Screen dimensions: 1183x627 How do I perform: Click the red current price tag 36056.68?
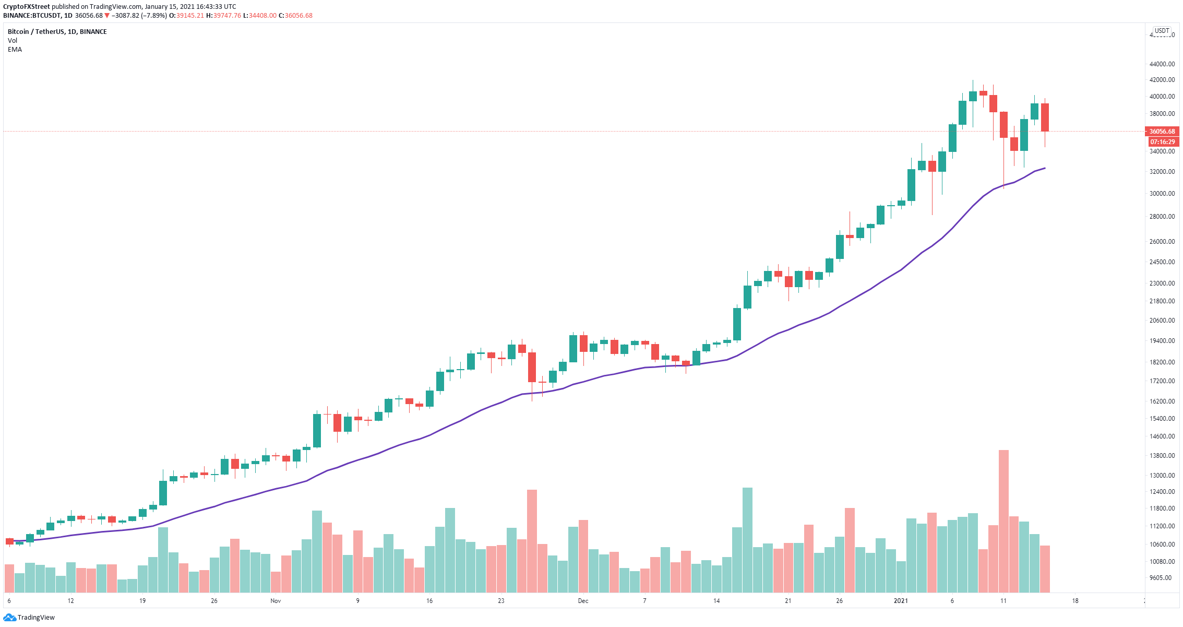1162,131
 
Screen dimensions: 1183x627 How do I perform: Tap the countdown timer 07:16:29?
1163,141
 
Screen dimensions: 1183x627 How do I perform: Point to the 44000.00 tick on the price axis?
1162,64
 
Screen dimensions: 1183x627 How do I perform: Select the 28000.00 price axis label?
1162,216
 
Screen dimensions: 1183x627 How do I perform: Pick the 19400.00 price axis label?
1162,341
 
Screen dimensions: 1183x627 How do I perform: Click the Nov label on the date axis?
276,601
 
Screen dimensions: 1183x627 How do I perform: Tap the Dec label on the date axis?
583,601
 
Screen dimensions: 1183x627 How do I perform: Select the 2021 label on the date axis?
901,601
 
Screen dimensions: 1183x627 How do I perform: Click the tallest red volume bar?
1003,521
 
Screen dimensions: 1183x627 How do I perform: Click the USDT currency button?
1162,31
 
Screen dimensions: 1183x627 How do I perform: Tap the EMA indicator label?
15,50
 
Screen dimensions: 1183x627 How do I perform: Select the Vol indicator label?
13,41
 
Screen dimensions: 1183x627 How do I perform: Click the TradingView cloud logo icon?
9,618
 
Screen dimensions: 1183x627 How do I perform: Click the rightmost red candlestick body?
1045,117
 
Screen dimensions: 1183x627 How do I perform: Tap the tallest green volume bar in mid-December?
747,540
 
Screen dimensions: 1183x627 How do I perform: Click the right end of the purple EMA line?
1045,168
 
